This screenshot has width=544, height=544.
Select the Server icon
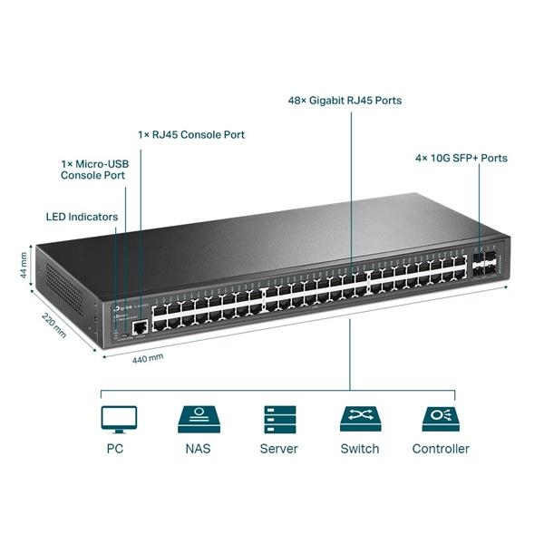[x=278, y=419]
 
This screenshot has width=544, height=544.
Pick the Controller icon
[x=440, y=419]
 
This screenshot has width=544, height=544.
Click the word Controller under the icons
[x=441, y=449]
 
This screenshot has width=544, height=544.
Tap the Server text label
[x=278, y=449]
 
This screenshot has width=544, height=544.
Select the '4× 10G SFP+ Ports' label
[x=461, y=158]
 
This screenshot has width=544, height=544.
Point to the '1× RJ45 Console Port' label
[x=191, y=134]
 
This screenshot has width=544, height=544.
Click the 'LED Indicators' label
[x=82, y=218]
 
